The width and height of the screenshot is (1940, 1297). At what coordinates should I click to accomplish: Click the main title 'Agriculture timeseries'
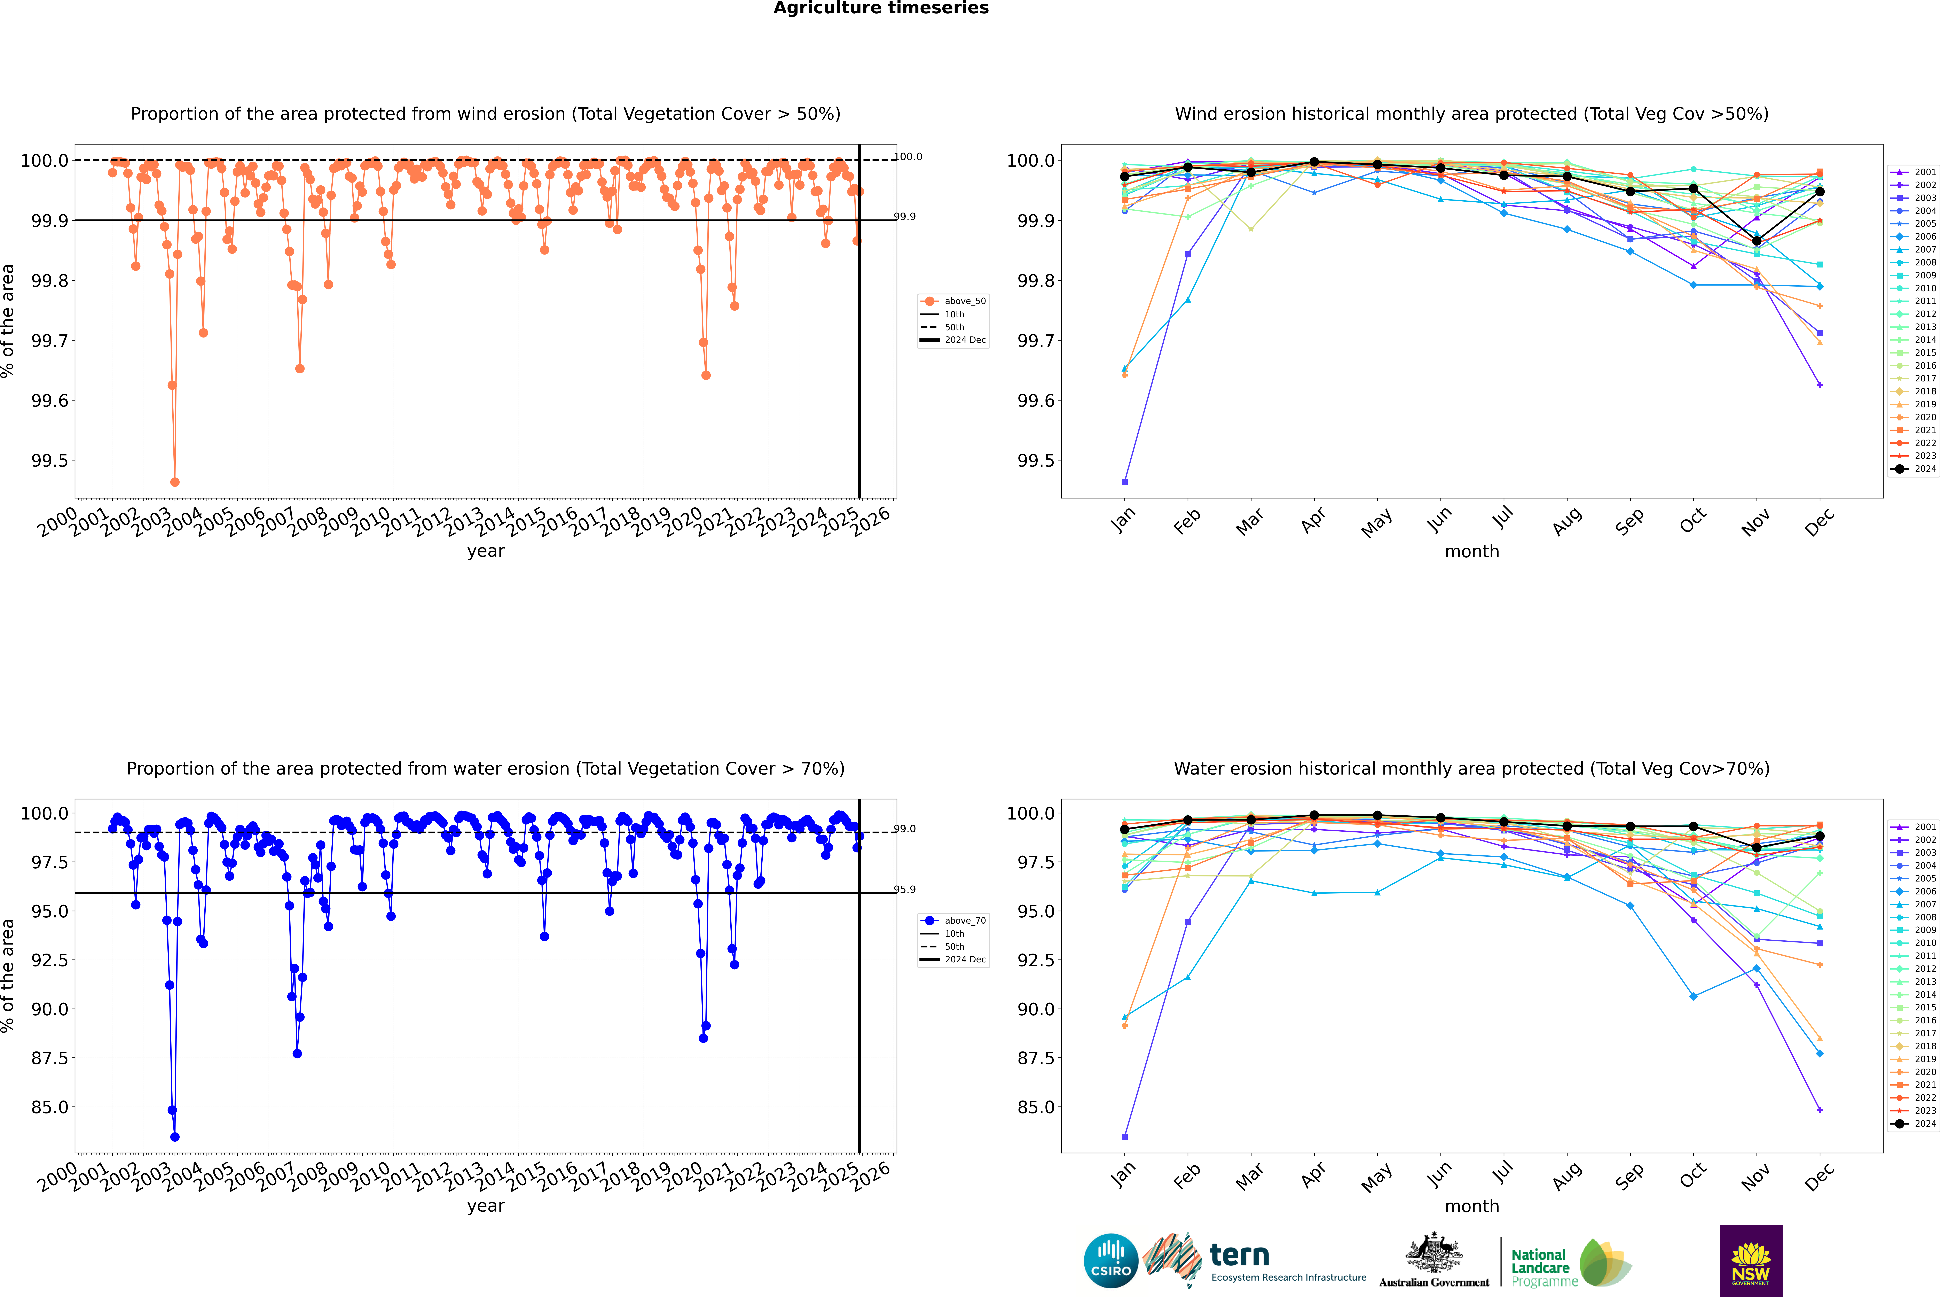(x=881, y=8)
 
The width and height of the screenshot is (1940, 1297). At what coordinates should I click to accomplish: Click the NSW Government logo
(x=1751, y=1261)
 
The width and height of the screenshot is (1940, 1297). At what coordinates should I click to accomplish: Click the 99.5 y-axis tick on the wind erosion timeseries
(x=50, y=461)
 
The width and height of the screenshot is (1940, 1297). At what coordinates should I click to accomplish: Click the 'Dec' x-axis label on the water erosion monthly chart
(x=1819, y=1176)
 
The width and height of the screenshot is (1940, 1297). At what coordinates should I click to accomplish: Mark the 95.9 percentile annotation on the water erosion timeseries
(x=905, y=890)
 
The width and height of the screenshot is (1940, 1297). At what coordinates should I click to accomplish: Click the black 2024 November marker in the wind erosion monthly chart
(x=1756, y=241)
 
